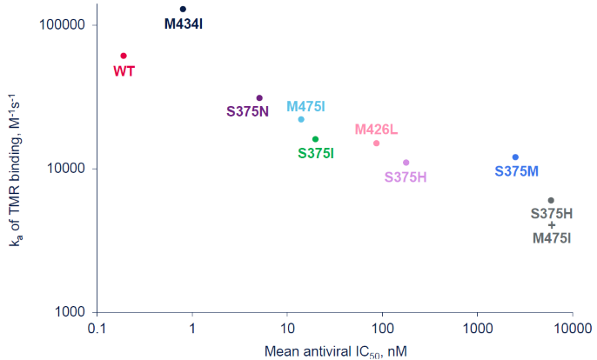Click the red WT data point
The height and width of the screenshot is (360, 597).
coord(124,56)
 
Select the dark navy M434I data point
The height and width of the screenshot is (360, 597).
coord(183,10)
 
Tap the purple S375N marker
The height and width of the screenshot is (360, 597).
coord(259,98)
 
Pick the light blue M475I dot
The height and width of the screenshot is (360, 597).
coord(301,119)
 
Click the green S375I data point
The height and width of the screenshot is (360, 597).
coord(315,139)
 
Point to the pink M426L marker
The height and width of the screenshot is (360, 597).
coord(376,143)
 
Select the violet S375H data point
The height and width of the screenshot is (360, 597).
coord(406,163)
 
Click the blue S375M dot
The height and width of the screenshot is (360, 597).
coord(515,157)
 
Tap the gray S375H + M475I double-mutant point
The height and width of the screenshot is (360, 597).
coord(550,200)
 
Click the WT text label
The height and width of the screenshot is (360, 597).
coord(124,70)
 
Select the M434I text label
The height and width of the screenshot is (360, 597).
coord(183,24)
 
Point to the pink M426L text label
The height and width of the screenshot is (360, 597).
coord(376,130)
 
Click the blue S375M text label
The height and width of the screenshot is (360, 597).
coord(517,171)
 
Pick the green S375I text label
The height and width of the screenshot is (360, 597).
coord(316,153)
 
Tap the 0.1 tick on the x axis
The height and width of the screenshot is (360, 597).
coord(97,330)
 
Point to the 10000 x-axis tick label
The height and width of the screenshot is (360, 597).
coord(571,330)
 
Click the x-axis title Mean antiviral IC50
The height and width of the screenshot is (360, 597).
coord(335,350)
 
